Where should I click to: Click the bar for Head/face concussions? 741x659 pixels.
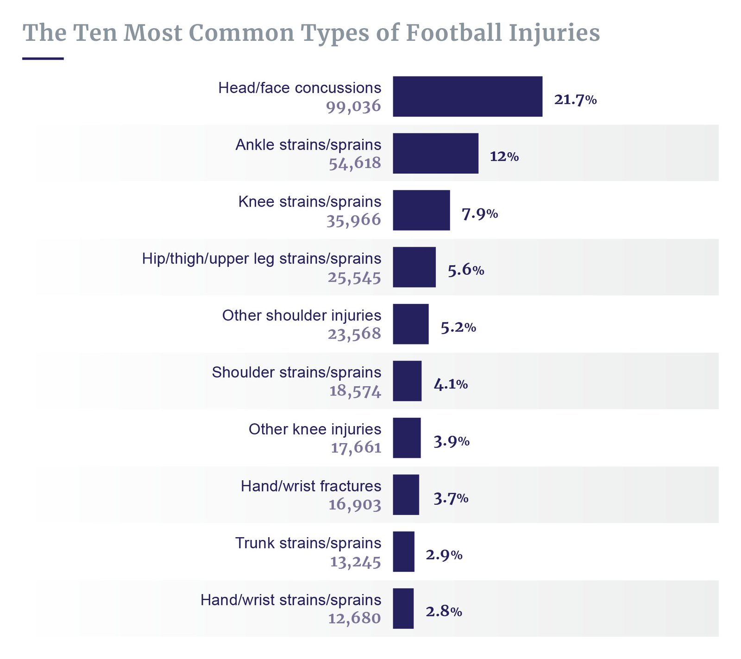(467, 96)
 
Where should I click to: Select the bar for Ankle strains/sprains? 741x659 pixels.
(435, 153)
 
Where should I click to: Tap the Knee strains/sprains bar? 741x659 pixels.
(421, 210)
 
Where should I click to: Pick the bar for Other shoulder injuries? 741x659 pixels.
(410, 324)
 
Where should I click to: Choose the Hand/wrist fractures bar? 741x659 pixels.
(406, 495)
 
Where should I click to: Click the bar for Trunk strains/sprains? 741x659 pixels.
(403, 552)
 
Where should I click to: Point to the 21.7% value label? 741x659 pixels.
(575, 100)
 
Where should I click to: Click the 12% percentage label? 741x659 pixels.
(504, 157)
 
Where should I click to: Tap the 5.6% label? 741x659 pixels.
(465, 270)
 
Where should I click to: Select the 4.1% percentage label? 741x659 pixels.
(450, 384)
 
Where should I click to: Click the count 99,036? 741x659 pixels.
(353, 107)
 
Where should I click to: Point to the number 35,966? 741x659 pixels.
(353, 220)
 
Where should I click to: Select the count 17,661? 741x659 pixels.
(356, 447)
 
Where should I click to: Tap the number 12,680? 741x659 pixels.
(354, 618)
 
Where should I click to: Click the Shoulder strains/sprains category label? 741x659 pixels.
(296, 372)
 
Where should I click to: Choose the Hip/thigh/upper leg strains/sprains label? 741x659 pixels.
(262, 258)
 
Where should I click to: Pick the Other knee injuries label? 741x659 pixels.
(315, 429)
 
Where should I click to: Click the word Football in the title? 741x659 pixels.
(453, 33)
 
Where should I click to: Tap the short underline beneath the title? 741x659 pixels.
(43, 58)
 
